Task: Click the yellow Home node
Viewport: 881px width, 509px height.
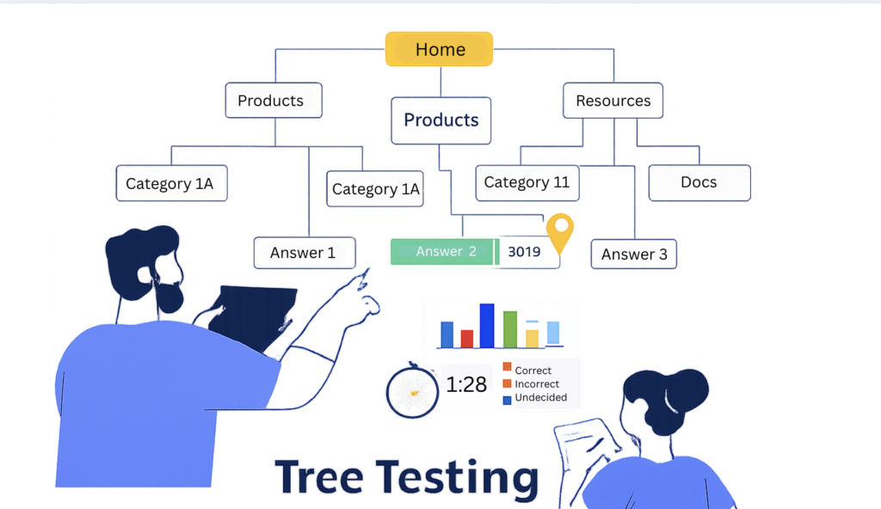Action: [439, 50]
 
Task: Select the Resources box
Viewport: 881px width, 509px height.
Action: [613, 101]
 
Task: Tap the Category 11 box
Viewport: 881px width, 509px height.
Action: [527, 182]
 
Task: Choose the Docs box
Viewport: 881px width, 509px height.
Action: [699, 182]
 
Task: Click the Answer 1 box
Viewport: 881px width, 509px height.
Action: [304, 253]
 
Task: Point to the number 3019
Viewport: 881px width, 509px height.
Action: [524, 252]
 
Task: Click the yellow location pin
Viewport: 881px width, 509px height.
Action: [560, 230]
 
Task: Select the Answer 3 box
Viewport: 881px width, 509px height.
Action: [633, 254]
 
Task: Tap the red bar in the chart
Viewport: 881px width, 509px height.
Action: [467, 338]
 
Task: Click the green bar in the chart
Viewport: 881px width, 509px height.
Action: [510, 329]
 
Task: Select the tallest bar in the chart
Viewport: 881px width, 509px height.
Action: [487, 325]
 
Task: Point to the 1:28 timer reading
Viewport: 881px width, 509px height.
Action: [466, 385]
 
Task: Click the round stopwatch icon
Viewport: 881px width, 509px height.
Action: [413, 392]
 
